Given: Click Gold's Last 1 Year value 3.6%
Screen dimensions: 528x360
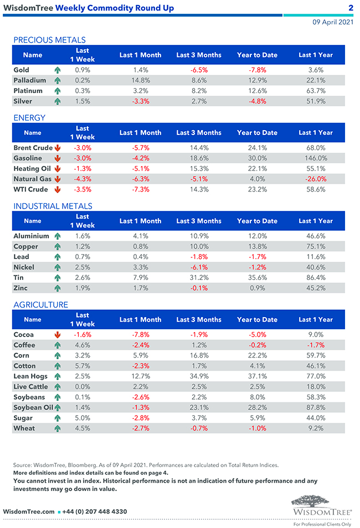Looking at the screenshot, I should tap(315, 70).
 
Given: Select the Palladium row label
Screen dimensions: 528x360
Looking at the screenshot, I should tap(29, 81).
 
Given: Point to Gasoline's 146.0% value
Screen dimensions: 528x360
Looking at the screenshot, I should tap(315, 158).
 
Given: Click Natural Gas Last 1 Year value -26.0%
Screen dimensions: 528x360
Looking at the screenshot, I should tap(315, 179).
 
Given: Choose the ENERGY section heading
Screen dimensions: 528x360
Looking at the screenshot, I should tap(29, 118).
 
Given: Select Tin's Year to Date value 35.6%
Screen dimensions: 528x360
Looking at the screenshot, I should tap(257, 277).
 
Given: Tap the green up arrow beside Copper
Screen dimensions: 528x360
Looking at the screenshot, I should tap(58, 246).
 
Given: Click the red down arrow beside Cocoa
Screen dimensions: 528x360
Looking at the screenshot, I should tap(58, 335).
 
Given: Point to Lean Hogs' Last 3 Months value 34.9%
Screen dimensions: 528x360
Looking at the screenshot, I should tap(198, 376).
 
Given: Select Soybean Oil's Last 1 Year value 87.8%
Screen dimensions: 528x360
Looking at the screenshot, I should tap(315, 407).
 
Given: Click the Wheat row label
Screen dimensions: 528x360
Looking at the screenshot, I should tap(24, 428).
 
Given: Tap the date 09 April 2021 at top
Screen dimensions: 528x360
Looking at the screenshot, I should tap(332, 22).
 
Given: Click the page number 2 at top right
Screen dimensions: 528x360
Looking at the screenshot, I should tap(351, 8).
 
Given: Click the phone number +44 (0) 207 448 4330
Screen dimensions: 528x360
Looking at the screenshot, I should tap(94, 511).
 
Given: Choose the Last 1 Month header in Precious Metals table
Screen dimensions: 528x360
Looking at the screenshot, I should tap(140, 55).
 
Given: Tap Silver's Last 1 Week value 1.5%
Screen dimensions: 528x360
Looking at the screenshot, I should tap(83, 101).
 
